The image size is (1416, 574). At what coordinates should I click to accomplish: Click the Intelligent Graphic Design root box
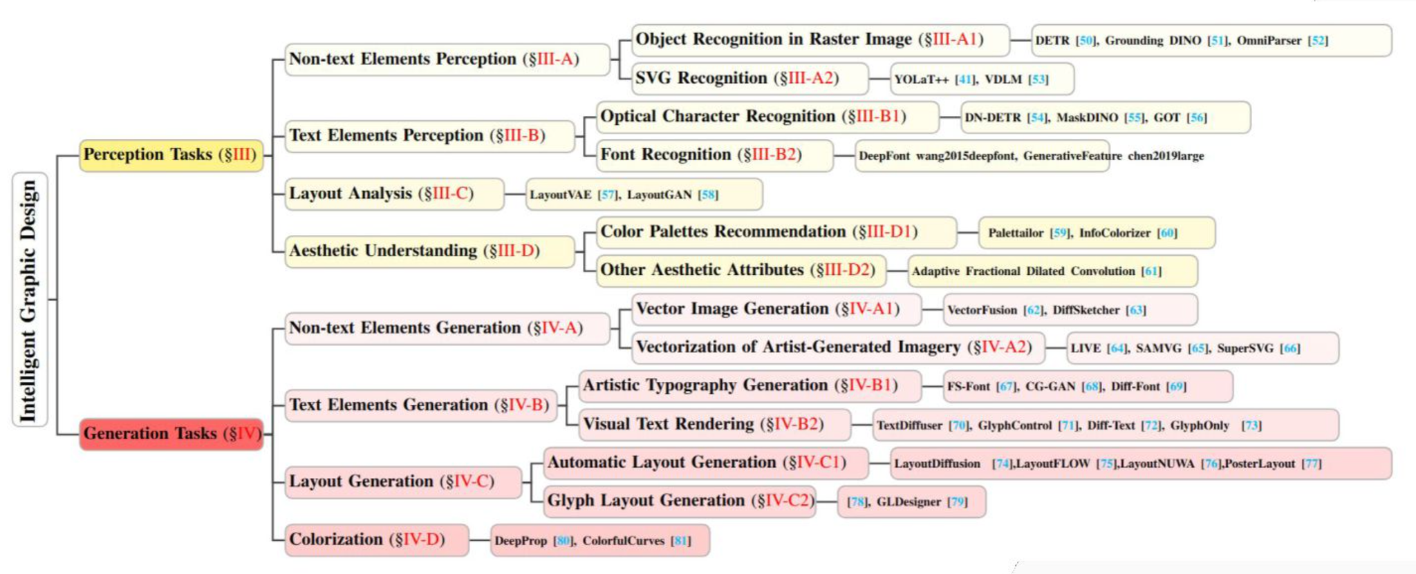29,299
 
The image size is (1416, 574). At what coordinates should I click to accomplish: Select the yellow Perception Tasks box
171,155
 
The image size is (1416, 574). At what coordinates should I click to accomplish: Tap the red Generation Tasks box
171,434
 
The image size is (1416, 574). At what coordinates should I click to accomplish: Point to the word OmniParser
1269,41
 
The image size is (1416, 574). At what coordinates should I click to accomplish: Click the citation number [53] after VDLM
1038,79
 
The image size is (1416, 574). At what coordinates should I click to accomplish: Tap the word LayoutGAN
659,195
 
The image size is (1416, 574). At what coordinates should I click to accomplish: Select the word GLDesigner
909,501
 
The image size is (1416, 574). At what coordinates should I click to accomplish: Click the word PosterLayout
1259,463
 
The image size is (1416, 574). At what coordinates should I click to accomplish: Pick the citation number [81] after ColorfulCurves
681,541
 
